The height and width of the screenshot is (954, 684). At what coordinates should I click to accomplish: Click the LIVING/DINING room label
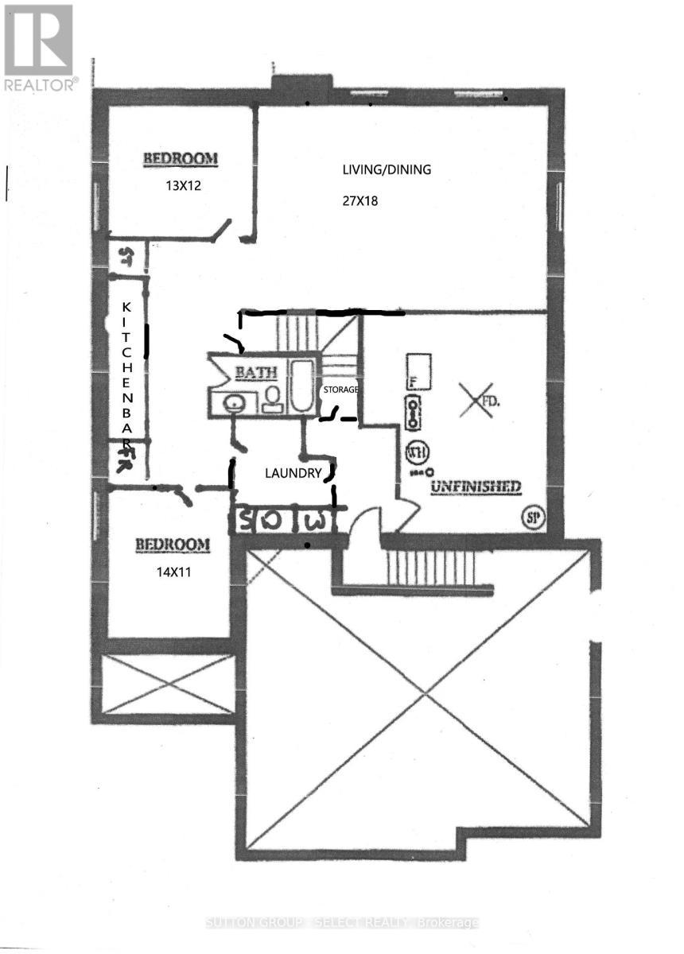point(387,169)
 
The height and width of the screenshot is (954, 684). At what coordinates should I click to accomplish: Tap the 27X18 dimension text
point(360,201)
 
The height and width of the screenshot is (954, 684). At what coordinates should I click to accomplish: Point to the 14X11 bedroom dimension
point(173,569)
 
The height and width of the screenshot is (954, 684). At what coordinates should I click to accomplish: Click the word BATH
point(255,371)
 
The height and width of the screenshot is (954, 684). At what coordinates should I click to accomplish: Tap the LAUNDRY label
point(293,473)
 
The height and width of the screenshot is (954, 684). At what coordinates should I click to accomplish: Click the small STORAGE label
point(340,390)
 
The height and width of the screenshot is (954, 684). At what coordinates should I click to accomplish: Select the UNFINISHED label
point(476,486)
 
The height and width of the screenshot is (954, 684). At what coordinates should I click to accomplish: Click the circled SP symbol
point(534,516)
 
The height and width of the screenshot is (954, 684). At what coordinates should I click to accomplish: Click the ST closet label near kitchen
point(125,255)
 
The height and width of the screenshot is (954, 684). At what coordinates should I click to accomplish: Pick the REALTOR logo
point(39,47)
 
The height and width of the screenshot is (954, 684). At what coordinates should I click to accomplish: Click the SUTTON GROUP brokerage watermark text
point(342,922)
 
